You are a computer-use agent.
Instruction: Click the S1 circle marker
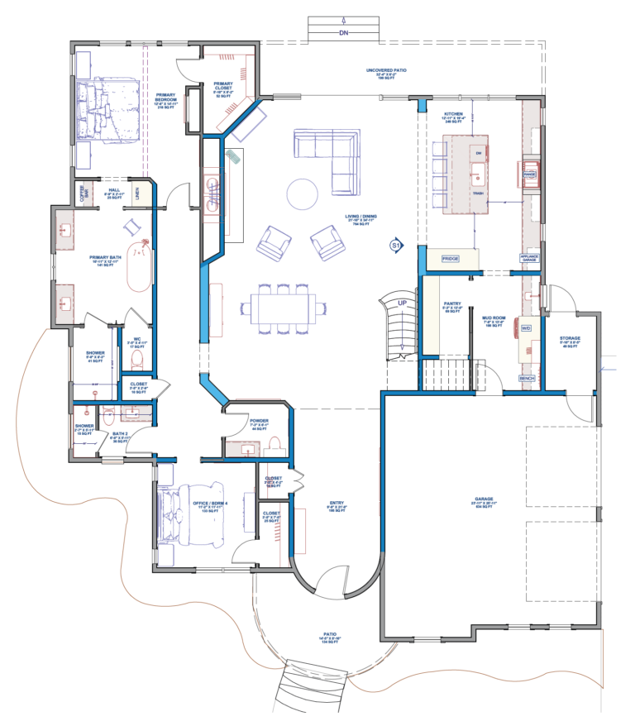point(395,246)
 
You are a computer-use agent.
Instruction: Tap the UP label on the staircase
point(402,303)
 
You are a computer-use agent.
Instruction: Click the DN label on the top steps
point(344,33)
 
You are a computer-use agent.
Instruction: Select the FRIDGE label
point(451,259)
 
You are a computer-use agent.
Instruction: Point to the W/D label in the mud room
point(525,328)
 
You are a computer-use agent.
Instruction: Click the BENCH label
point(527,378)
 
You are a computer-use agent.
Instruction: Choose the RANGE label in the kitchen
point(530,174)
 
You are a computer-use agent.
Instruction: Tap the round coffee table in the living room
point(302,194)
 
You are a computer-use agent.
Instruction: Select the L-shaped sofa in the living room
point(331,155)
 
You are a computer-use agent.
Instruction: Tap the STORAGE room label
point(570,338)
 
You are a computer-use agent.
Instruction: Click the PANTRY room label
point(451,303)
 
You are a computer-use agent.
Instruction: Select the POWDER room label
point(258,420)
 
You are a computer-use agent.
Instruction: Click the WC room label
point(139,338)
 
